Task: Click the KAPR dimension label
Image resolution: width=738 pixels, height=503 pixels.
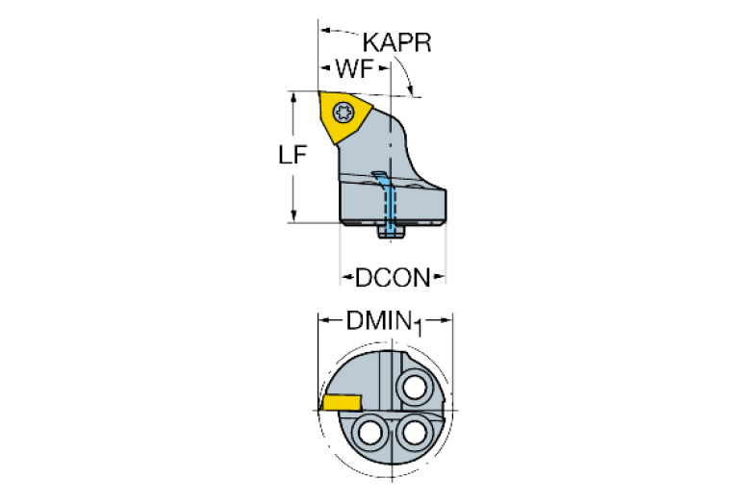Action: point(397,43)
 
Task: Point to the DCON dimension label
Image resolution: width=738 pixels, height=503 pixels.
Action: point(391,278)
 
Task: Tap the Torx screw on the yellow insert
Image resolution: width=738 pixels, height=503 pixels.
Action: point(342,113)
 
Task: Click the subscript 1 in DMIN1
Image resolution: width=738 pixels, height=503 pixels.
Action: point(420,326)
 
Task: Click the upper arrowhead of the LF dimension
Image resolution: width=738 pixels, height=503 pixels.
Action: point(294,97)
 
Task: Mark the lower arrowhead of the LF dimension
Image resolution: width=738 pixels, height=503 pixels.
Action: point(294,217)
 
